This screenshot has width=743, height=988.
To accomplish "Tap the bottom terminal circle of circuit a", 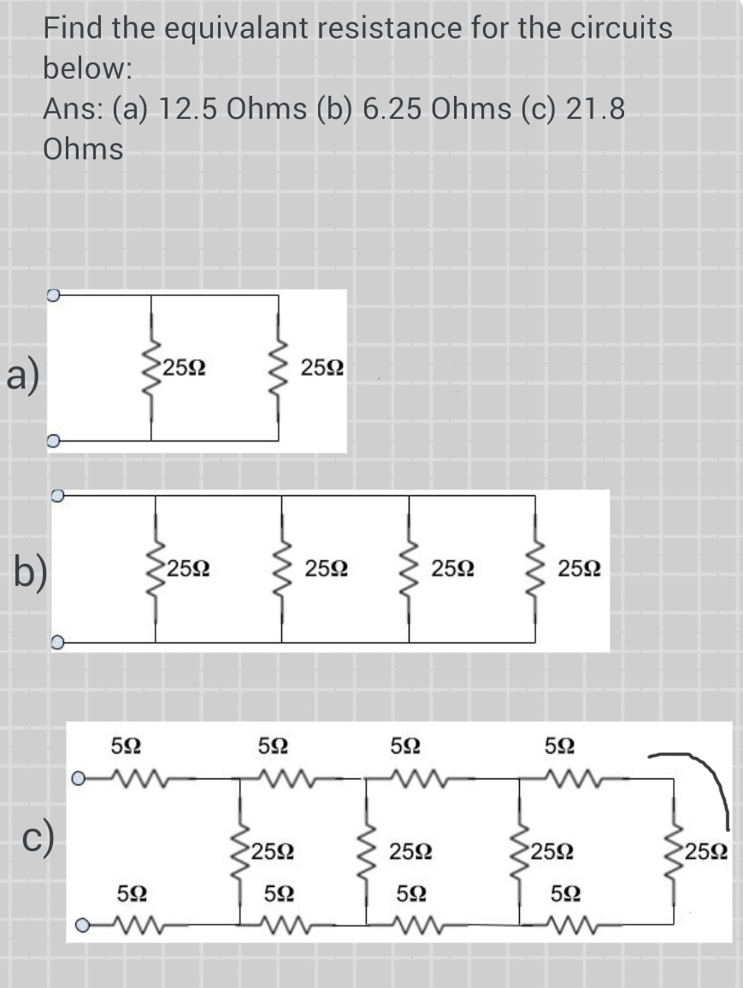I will tap(53, 441).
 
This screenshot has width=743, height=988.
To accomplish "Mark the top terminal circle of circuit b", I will tap(57, 495).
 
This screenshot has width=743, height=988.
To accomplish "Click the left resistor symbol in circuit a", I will tap(151, 369).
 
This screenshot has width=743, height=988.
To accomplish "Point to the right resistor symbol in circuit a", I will tap(278, 369).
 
